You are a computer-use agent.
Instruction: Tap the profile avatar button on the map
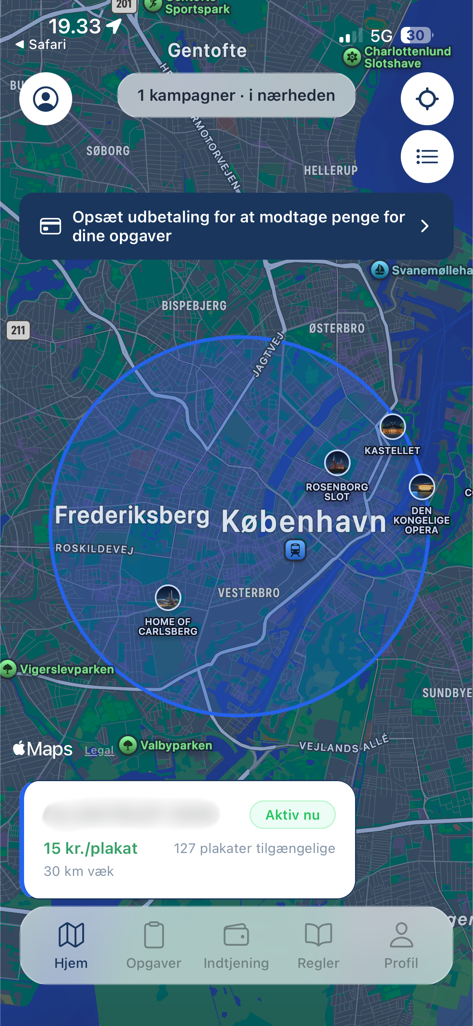46,99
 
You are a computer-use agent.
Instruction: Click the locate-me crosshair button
427,99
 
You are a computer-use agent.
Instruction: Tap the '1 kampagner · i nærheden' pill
236,96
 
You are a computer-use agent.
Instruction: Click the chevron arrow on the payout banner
425,226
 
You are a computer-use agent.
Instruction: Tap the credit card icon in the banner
51,226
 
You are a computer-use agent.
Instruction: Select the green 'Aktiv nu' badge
292,814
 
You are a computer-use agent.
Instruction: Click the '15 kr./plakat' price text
90,848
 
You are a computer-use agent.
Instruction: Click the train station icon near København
295,550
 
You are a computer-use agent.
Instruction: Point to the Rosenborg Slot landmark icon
337,463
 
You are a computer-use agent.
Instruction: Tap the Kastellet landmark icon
392,427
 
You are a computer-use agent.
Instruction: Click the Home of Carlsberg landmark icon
168,598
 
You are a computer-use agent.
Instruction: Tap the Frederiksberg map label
132,515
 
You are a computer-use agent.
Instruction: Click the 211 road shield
18,330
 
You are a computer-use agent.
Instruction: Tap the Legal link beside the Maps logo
99,750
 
